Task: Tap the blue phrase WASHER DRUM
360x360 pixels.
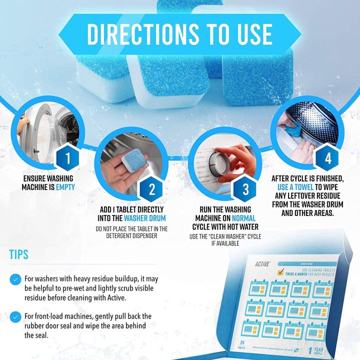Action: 145,218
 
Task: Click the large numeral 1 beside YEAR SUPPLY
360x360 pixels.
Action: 325,346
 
